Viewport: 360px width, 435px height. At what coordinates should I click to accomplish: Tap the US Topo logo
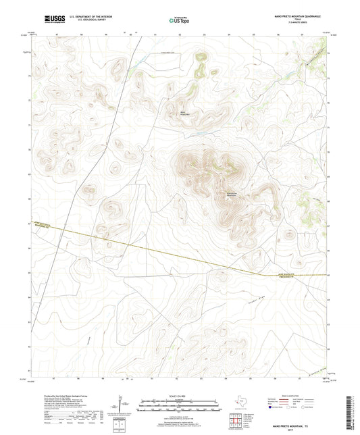click(179, 21)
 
